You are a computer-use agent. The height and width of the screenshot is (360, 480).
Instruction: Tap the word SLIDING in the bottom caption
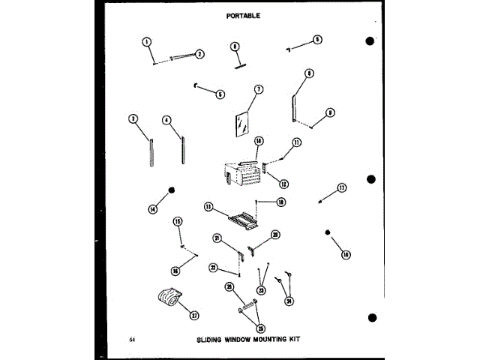(211, 339)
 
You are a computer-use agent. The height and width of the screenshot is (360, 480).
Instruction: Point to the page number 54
(131, 340)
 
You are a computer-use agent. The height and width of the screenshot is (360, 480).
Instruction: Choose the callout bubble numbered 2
(199, 53)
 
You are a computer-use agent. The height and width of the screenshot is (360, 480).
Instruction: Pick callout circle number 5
(220, 94)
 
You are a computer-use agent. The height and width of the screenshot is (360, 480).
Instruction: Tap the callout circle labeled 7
(258, 89)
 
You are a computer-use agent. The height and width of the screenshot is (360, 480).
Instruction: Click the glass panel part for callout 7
(241, 124)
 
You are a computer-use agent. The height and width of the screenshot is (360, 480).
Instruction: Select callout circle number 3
(132, 118)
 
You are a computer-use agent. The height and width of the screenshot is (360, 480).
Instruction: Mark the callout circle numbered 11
(296, 142)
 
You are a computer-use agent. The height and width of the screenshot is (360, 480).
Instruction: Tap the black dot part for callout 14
(172, 190)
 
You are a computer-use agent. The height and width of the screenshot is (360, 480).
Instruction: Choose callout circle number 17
(342, 188)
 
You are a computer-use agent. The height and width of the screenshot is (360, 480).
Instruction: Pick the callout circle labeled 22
(214, 268)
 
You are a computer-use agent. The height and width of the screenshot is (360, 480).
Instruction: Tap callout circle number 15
(178, 221)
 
